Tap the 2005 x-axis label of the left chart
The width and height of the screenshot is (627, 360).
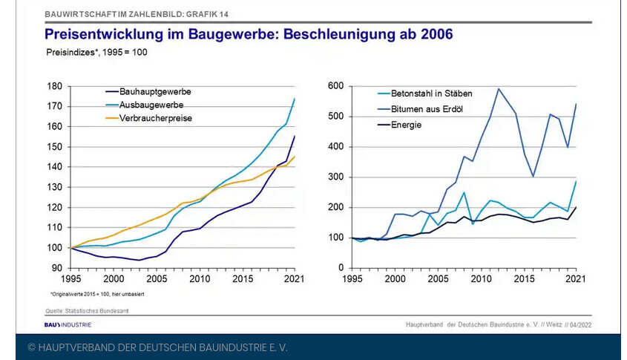[x=157, y=278]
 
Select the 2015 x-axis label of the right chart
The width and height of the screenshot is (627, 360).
[x=525, y=278]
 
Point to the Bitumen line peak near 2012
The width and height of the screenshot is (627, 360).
[x=499, y=89]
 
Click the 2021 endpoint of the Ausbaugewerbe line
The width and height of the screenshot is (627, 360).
[x=295, y=99]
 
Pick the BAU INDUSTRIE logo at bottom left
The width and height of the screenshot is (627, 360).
[x=68, y=324]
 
